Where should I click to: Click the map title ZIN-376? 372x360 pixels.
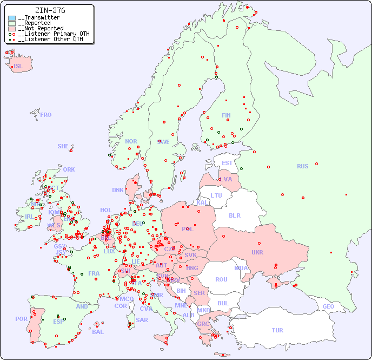point(50,10)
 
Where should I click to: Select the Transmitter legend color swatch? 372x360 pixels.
point(12,18)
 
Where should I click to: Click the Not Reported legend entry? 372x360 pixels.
point(41,28)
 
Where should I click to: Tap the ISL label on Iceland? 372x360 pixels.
point(18,67)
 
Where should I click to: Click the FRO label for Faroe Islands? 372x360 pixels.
point(46,115)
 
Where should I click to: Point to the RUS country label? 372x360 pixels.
point(302,166)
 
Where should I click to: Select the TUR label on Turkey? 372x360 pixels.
point(277,330)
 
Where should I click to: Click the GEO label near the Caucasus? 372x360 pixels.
point(328,306)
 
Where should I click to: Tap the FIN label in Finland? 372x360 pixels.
point(226,115)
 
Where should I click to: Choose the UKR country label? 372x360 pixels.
point(257,252)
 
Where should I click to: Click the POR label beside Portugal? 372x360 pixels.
point(21,319)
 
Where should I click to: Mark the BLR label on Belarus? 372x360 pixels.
point(234,215)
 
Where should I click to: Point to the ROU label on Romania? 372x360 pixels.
point(221,279)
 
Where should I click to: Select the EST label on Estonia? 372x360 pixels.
point(227,163)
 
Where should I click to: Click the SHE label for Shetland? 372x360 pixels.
point(63,146)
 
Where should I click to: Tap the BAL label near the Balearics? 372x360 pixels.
point(98,332)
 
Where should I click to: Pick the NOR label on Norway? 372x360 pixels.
point(131,141)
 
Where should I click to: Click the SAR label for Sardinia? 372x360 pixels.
point(142,319)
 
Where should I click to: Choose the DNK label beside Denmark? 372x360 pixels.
point(118,190)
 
